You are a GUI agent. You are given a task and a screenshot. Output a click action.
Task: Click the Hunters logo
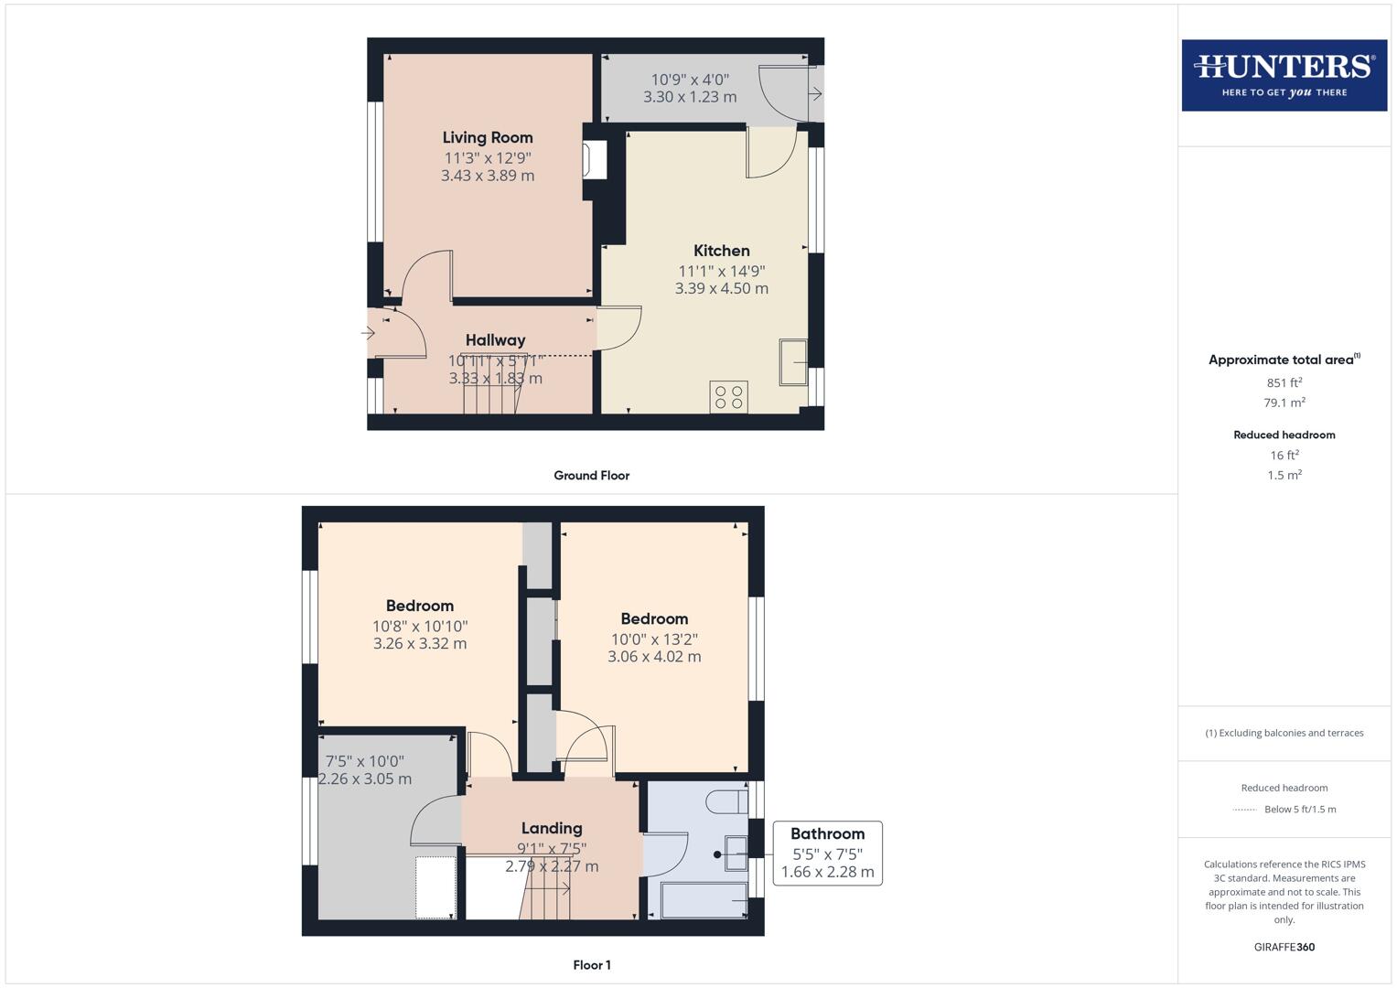pyautogui.click(x=1284, y=75)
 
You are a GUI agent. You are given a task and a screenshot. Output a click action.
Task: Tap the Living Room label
pyautogui.click(x=488, y=138)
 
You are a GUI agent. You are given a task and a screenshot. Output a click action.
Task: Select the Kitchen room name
pyautogui.click(x=721, y=251)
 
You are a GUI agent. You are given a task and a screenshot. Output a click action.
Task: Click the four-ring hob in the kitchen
pyautogui.click(x=728, y=397)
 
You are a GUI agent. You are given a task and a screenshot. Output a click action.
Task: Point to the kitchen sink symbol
pyautogui.click(x=792, y=362)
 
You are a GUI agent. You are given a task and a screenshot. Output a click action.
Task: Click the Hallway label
pyautogui.click(x=495, y=340)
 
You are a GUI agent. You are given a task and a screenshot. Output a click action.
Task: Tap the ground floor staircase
pyautogui.click(x=491, y=384)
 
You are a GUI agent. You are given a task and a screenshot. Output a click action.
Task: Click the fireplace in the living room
pyautogui.click(x=594, y=160)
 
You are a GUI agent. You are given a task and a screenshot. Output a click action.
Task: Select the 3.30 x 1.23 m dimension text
pyautogui.click(x=690, y=97)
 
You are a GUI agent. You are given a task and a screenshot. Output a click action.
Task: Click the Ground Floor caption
pyautogui.click(x=591, y=476)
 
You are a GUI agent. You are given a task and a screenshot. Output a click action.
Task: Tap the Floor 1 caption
pyautogui.click(x=591, y=965)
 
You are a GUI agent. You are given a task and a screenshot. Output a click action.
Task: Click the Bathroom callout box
pyautogui.click(x=827, y=853)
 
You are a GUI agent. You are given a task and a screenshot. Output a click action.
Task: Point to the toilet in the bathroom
pyautogui.click(x=725, y=801)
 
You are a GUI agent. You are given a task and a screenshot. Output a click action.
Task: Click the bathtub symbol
pyautogui.click(x=704, y=900)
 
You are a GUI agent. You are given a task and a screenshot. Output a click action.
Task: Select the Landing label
pyautogui.click(x=552, y=829)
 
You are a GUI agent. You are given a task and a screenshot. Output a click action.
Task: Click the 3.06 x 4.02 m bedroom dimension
pyautogui.click(x=654, y=657)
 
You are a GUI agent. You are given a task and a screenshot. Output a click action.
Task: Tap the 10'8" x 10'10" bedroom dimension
pyautogui.click(x=420, y=627)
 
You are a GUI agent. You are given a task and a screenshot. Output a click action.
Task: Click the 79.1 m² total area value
pyautogui.click(x=1284, y=403)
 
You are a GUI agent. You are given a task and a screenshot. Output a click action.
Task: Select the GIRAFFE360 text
pyautogui.click(x=1284, y=947)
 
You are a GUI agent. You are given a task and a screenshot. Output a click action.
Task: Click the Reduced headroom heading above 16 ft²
pyautogui.click(x=1284, y=435)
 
